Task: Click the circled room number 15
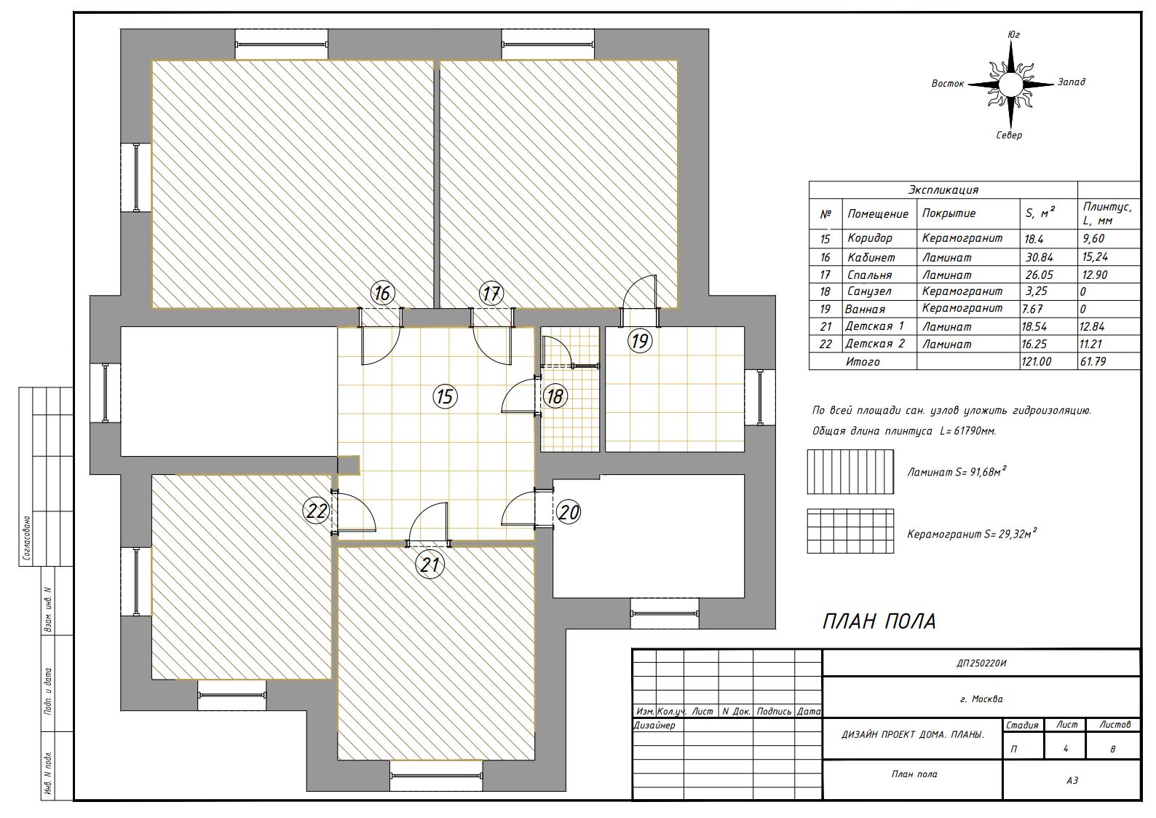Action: pyautogui.click(x=445, y=396)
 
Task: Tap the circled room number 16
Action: pyautogui.click(x=382, y=294)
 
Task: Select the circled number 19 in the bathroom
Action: pyautogui.click(x=640, y=342)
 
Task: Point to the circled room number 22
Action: pyautogui.click(x=317, y=511)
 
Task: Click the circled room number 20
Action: pyautogui.click(x=569, y=512)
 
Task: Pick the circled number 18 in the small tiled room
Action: pyautogui.click(x=555, y=396)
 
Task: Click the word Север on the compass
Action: pyautogui.click(x=1009, y=135)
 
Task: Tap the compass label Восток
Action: pyautogui.click(x=948, y=83)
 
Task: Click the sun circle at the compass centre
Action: pyautogui.click(x=1010, y=84)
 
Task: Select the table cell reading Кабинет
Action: pyautogui.click(x=871, y=257)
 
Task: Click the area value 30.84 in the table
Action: pyautogui.click(x=1039, y=257)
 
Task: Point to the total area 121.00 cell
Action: pyautogui.click(x=1037, y=361)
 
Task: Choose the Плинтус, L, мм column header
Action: pyautogui.click(x=1107, y=214)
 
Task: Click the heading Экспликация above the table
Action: pyautogui.click(x=943, y=189)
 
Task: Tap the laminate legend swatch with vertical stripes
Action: pyautogui.click(x=850, y=471)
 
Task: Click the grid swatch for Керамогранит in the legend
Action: pyautogui.click(x=850, y=531)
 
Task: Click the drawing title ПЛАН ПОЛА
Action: pyautogui.click(x=879, y=621)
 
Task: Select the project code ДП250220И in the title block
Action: pyautogui.click(x=981, y=664)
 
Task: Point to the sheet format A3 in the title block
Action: pyautogui.click(x=1072, y=780)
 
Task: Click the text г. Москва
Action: pyautogui.click(x=981, y=699)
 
